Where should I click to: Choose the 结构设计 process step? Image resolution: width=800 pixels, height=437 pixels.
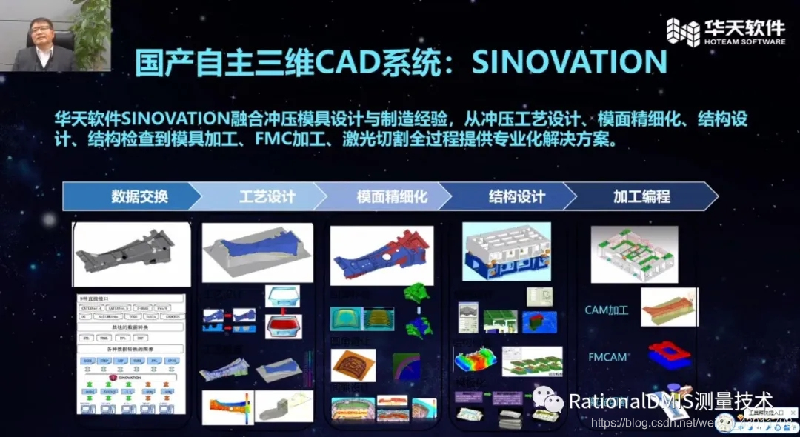(516, 196)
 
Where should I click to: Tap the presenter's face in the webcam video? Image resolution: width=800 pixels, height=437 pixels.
(40, 33)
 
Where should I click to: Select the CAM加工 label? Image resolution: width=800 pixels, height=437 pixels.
(606, 310)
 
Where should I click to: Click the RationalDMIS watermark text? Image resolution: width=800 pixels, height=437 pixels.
(670, 401)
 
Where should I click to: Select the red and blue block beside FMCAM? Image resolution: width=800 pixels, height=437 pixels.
(669, 355)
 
